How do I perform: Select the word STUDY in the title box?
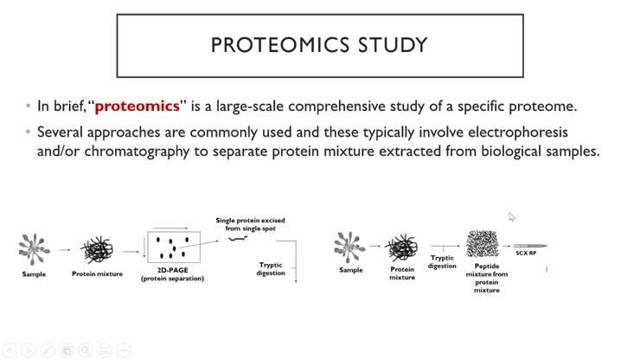394,43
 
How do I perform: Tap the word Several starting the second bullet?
61,132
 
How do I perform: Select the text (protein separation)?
172,280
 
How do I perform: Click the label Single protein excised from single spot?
250,225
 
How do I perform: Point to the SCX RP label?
527,254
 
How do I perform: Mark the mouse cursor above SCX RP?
511,216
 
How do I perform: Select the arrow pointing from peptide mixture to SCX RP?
510,246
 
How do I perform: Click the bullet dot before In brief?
28,107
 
